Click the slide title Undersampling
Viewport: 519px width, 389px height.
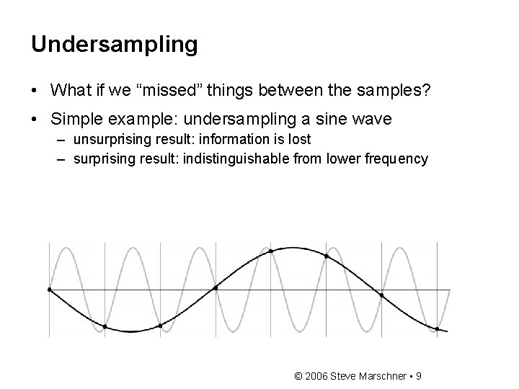click(x=114, y=45)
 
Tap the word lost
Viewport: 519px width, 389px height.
click(x=301, y=140)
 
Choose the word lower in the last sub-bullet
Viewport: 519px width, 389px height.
click(x=342, y=158)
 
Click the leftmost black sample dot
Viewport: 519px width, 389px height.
click(x=49, y=290)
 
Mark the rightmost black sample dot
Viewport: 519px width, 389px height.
click(x=437, y=329)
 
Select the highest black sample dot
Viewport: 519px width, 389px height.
click(x=271, y=251)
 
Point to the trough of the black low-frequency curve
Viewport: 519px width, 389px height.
click(x=131, y=331)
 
